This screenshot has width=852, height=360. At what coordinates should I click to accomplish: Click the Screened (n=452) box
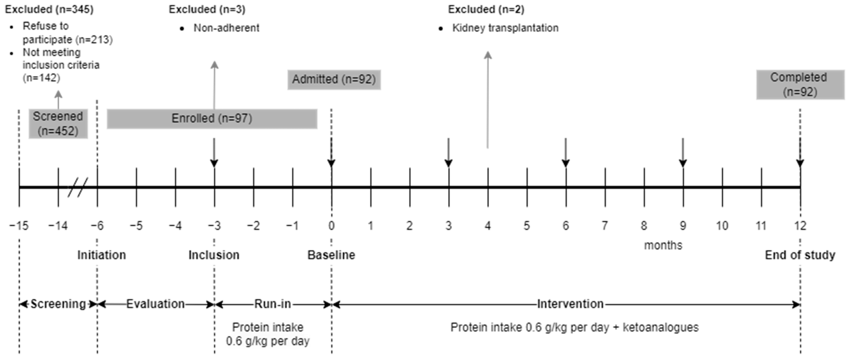click(58, 123)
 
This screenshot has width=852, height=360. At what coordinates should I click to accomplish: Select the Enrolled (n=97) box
click(212, 118)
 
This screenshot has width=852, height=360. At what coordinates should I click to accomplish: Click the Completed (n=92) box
click(800, 85)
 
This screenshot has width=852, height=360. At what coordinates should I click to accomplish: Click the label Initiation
click(101, 255)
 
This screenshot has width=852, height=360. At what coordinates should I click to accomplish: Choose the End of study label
click(800, 255)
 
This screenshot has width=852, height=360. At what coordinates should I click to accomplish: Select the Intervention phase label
click(570, 304)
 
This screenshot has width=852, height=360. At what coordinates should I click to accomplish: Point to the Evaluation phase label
click(155, 304)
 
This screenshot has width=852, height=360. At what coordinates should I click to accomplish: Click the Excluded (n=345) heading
click(49, 9)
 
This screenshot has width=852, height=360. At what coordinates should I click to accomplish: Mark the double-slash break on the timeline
click(78, 187)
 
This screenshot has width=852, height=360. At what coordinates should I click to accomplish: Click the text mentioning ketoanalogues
click(574, 327)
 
